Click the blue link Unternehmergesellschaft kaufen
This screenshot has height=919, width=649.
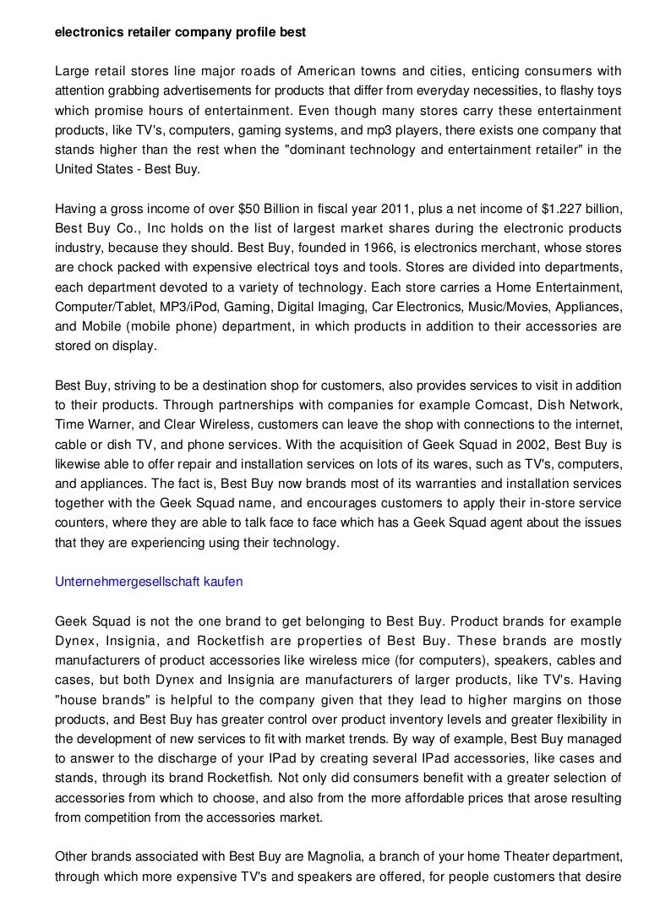coord(149,582)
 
